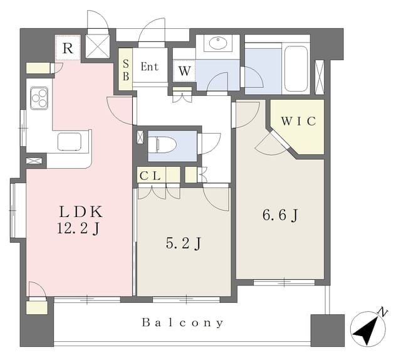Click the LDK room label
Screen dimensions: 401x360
coord(81,212)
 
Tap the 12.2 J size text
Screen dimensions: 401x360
coord(78,228)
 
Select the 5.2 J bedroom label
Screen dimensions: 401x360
coord(183,243)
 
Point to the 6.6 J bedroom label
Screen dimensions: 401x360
coord(280,215)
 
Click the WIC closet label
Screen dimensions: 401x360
coord(299,121)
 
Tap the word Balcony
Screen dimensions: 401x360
coord(182,322)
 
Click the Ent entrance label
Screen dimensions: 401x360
coord(150,66)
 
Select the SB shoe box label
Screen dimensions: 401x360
coord(125,70)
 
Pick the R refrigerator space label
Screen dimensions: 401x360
coord(68,48)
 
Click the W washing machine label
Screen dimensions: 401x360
coord(184,71)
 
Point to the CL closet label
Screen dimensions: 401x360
coord(150,176)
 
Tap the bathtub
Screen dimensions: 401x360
coord(296,68)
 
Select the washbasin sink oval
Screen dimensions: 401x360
coord(217,43)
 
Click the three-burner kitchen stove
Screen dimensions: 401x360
coord(39,98)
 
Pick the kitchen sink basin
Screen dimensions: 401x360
coord(70,142)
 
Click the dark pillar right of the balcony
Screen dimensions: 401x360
coord(327,331)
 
